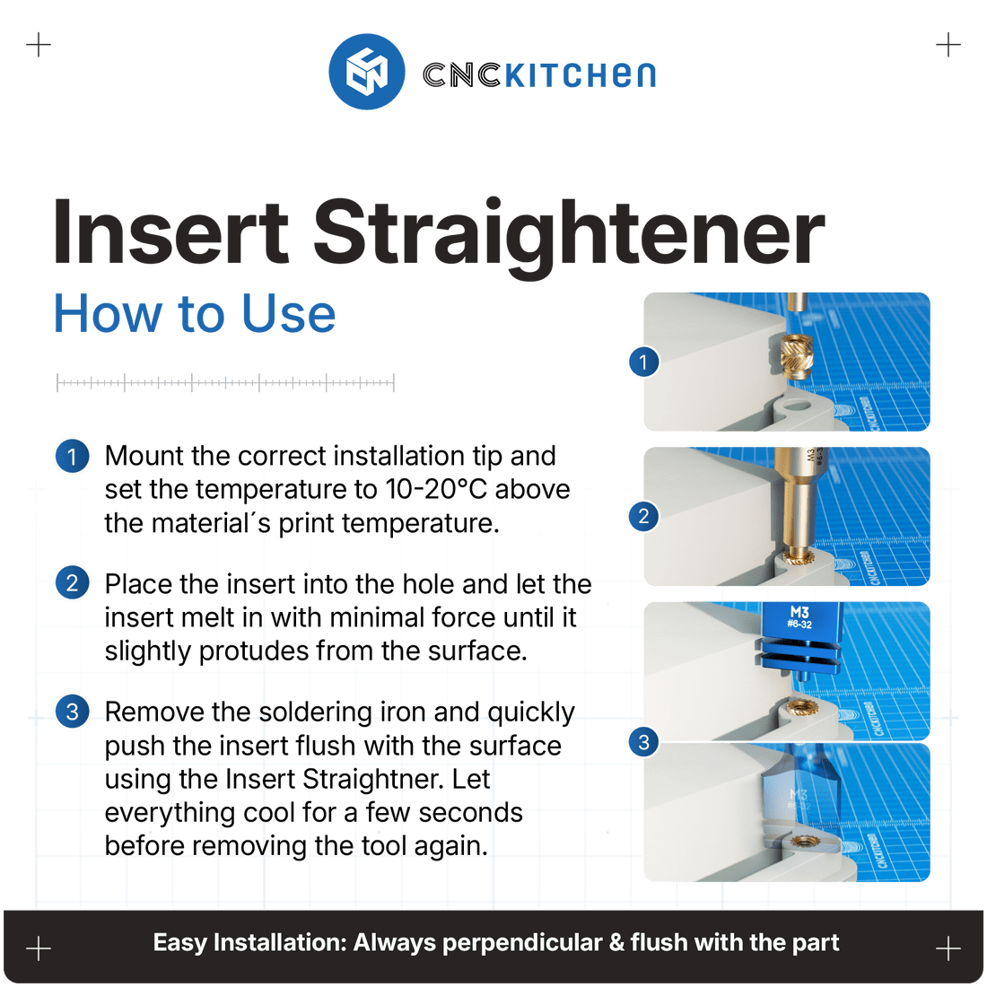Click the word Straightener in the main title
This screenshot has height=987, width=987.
point(568,232)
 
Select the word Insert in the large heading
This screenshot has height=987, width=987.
point(170,232)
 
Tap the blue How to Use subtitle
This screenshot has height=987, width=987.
point(195,314)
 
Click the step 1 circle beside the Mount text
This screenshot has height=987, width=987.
point(72,457)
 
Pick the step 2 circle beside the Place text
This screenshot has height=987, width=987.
point(72,584)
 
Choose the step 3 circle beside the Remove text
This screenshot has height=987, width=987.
point(72,712)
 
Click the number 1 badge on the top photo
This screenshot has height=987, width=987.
point(643,362)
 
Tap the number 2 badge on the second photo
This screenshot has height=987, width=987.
point(643,517)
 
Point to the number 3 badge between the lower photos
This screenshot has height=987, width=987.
point(643,742)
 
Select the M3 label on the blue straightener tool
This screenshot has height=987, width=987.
point(799,613)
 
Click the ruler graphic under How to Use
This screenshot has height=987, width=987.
point(224,383)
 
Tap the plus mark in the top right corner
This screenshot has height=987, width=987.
point(948,44)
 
